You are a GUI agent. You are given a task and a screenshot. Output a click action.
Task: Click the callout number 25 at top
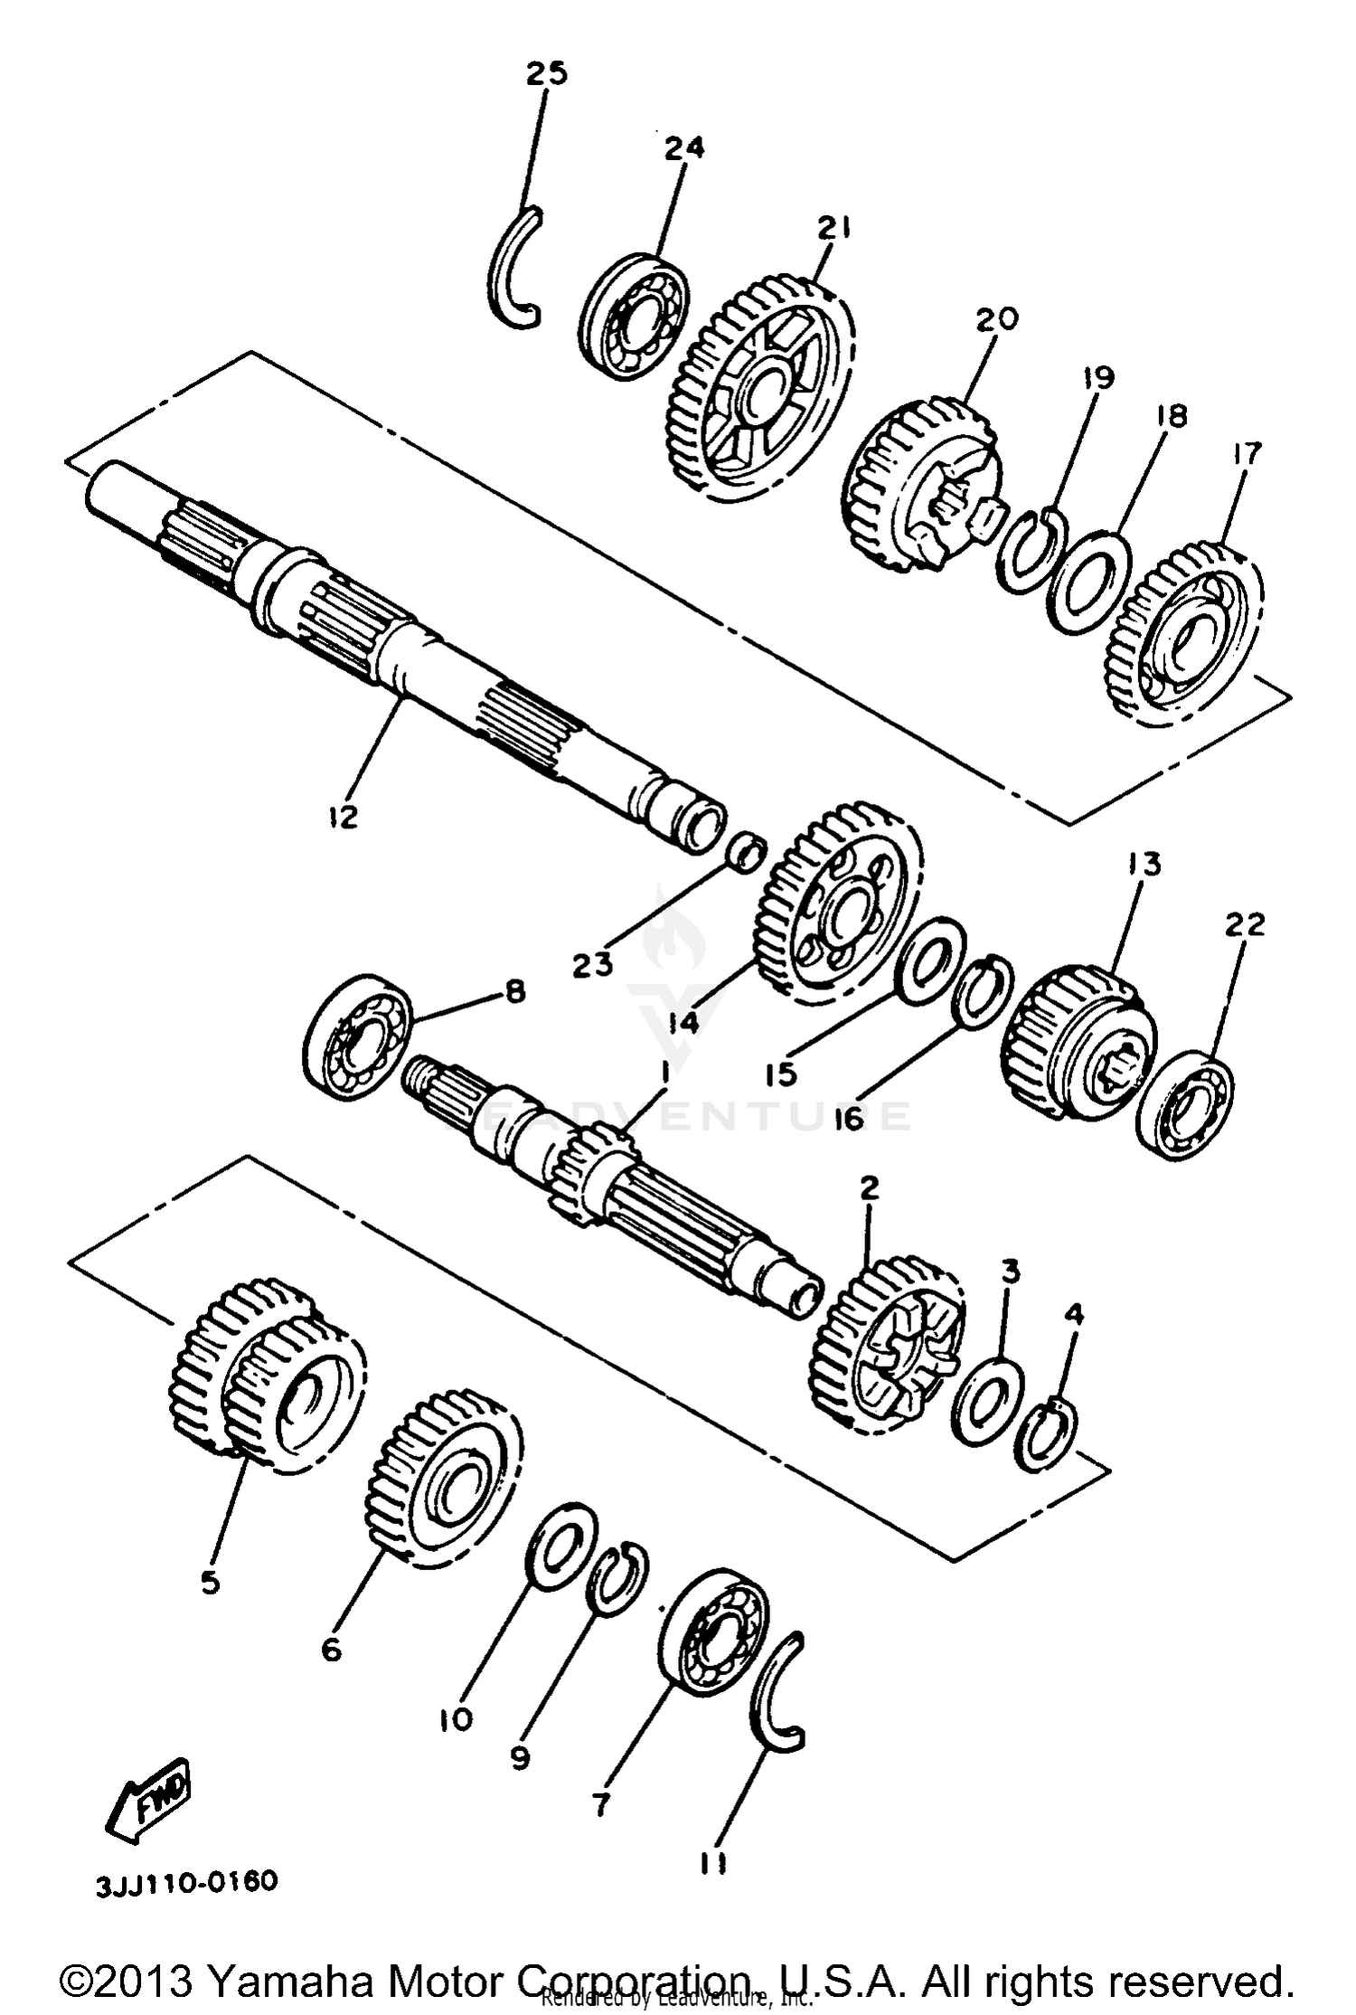coord(547,73)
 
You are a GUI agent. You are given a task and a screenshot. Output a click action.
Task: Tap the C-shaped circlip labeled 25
coord(511,267)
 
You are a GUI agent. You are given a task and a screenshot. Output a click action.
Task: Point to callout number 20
coord(997,318)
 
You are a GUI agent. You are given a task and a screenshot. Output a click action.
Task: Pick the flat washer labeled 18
coord(1089,583)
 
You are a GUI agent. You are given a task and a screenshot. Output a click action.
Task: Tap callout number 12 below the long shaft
coord(343,816)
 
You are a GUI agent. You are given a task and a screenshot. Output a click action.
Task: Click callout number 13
coord(1144,865)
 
